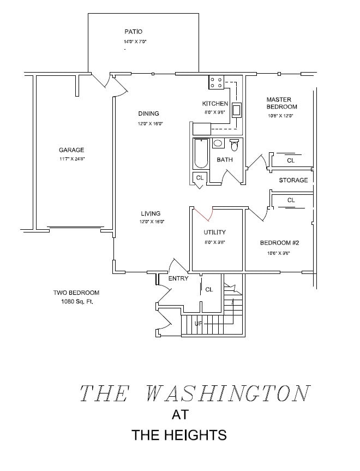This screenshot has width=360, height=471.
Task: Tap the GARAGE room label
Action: point(71,150)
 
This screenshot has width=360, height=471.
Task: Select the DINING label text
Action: point(148,114)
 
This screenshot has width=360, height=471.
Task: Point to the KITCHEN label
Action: point(215,104)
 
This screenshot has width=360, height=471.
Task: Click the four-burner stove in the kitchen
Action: point(216,82)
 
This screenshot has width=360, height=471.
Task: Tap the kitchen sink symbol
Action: point(237,110)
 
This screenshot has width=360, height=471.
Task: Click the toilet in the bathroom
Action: point(235,145)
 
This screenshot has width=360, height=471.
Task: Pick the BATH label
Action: point(225,160)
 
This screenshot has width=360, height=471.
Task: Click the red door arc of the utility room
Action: point(201,214)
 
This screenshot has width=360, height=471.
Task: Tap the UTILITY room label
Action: point(214,232)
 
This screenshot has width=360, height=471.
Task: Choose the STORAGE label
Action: point(293,180)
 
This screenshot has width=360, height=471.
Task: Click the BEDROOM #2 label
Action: point(280,243)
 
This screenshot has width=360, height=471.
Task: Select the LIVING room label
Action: point(151,213)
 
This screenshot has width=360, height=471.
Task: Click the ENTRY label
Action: point(178,279)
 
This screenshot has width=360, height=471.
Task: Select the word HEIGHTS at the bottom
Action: point(194,435)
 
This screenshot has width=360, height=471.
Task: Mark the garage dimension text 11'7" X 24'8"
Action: point(71,159)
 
